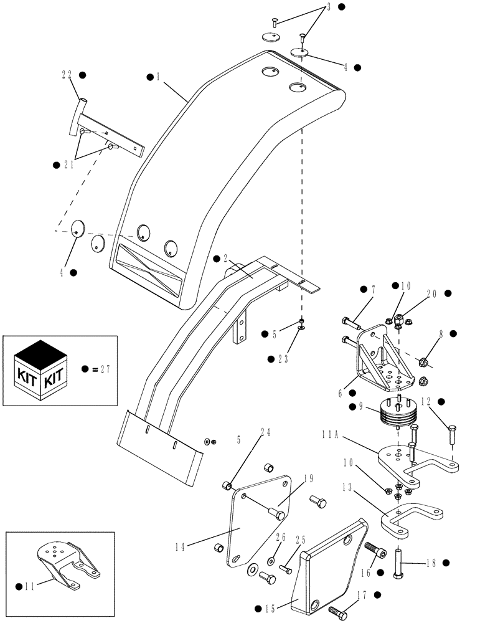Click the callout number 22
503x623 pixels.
pyautogui.click(x=67, y=75)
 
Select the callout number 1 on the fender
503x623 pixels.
pyautogui.click(x=159, y=77)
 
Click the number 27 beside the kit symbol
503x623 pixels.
pyautogui.click(x=104, y=369)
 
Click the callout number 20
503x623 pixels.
pyautogui.click(x=431, y=293)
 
